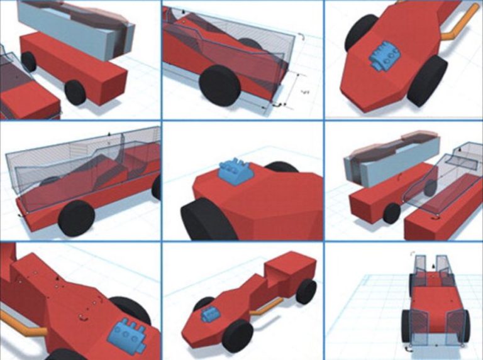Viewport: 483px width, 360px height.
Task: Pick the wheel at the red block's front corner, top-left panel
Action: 75,92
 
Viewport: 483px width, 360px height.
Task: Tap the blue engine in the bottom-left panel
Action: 128,334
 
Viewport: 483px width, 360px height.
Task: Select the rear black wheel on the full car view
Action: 306,291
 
